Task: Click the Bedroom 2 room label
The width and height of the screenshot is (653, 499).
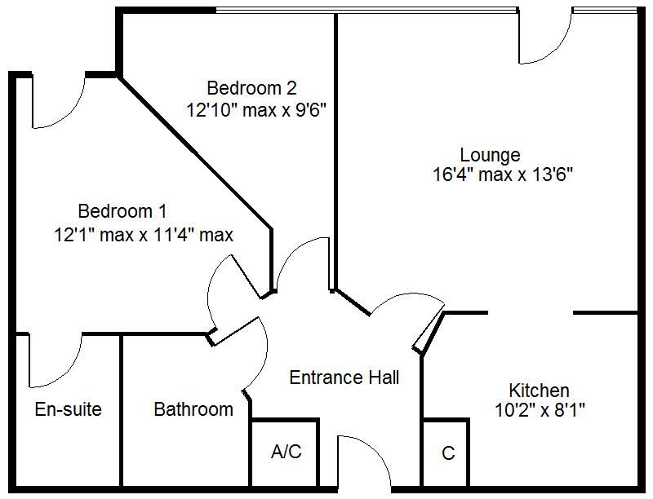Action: (251, 87)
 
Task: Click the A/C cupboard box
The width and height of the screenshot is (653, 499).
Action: (286, 453)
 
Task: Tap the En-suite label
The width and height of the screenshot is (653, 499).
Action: (68, 408)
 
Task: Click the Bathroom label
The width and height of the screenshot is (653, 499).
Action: (193, 408)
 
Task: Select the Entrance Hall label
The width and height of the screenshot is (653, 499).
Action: (344, 378)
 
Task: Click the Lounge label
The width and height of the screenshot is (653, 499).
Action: (490, 154)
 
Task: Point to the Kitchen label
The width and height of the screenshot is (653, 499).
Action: (539, 390)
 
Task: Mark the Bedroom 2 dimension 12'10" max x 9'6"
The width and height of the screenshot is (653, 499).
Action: (256, 110)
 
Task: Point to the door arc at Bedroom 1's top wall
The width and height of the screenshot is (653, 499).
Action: (57, 102)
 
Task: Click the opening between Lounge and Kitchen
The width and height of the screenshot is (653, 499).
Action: (531, 312)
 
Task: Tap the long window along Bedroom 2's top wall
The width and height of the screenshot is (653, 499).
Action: (367, 11)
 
